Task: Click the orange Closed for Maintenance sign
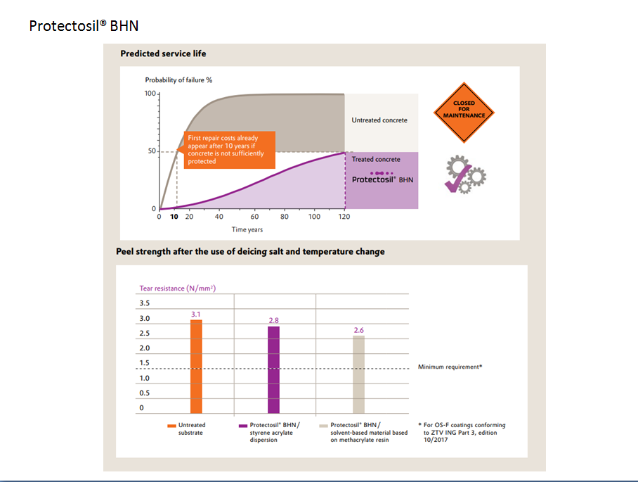click(x=464, y=113)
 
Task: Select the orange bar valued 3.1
click(x=196, y=367)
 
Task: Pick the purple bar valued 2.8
click(x=273, y=370)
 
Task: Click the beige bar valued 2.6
click(x=358, y=374)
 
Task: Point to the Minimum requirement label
click(x=450, y=367)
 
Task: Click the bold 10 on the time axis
click(x=174, y=217)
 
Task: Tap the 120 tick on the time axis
click(x=344, y=217)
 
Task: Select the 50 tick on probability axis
click(x=152, y=151)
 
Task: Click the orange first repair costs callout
click(x=230, y=150)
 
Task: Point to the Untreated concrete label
click(x=379, y=120)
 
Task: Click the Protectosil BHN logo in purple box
click(x=382, y=177)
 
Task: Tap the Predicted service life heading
click(x=163, y=53)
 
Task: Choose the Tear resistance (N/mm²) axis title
click(x=177, y=288)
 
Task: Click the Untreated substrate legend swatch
click(x=171, y=426)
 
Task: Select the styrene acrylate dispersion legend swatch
click(x=243, y=426)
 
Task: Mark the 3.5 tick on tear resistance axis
click(x=145, y=303)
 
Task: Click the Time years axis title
click(x=247, y=229)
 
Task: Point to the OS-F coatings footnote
click(x=462, y=432)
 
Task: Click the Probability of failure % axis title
click(x=178, y=80)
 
